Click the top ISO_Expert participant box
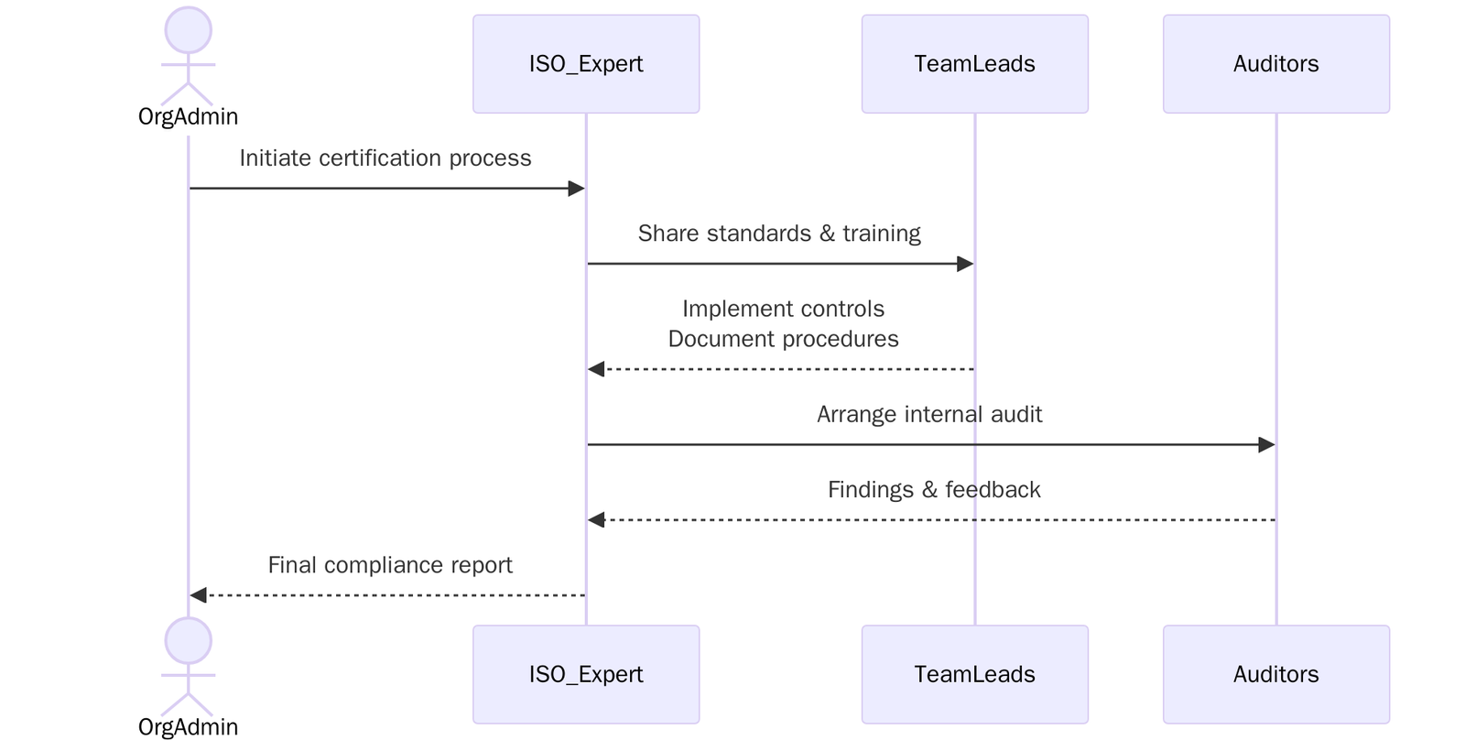pos(586,64)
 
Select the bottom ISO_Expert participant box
pos(586,674)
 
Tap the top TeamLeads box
pos(974,64)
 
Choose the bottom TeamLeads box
pos(974,674)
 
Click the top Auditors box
pos(1275,64)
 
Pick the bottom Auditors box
pos(1275,674)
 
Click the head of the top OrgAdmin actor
pos(188,30)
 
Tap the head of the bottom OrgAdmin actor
pos(188,640)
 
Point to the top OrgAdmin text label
pos(188,116)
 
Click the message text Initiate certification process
pos(385,158)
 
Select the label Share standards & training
pos(779,234)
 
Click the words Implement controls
pos(783,309)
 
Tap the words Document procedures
pos(783,339)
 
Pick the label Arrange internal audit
pos(929,414)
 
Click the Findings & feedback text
pos(934,490)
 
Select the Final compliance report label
pos(390,565)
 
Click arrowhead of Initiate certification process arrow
pos(577,189)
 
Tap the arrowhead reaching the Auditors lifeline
pos(1267,445)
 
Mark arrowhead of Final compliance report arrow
pos(198,595)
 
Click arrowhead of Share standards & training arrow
pos(965,264)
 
